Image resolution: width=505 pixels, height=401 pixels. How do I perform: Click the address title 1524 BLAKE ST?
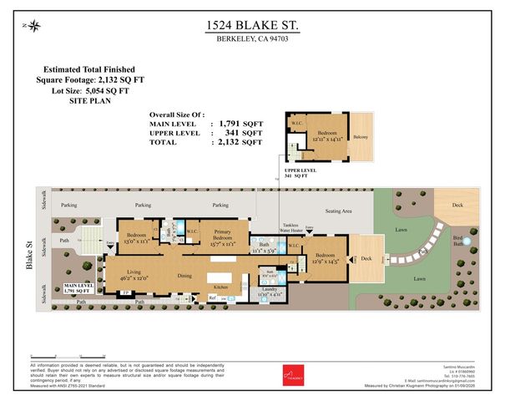(x=252, y=27)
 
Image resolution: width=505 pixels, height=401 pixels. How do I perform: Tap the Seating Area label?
(x=337, y=211)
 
